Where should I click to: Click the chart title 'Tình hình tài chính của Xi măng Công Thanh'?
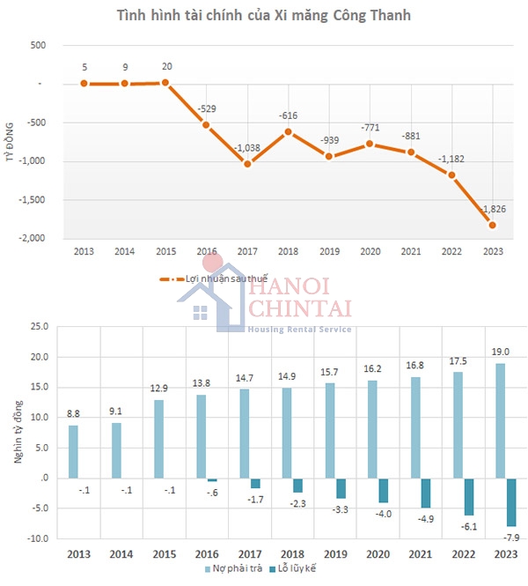tap(263, 16)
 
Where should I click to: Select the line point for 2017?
tap(248, 164)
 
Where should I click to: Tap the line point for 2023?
tap(492, 225)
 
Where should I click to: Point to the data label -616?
tap(289, 115)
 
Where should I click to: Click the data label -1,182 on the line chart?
tap(452, 159)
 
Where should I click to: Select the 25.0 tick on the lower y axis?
tap(38, 327)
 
